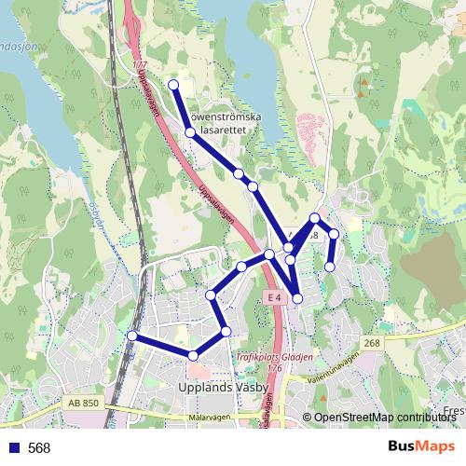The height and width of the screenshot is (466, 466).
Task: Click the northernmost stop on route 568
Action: (x=173, y=85)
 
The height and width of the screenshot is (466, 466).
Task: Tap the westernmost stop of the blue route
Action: (x=132, y=336)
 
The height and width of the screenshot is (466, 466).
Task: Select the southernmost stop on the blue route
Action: (x=193, y=355)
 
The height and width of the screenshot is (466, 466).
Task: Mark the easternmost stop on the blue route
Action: (x=334, y=233)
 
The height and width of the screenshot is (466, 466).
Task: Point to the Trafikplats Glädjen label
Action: (x=274, y=356)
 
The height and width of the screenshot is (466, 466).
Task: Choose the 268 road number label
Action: (x=374, y=343)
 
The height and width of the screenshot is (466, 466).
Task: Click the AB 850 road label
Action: (x=83, y=402)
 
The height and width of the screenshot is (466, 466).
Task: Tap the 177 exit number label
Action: (x=140, y=65)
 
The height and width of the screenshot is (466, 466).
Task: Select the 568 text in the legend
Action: (x=39, y=448)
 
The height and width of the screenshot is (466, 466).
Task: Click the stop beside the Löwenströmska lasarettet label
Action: (x=189, y=133)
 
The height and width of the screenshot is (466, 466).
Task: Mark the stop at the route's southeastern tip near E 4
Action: (x=298, y=298)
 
